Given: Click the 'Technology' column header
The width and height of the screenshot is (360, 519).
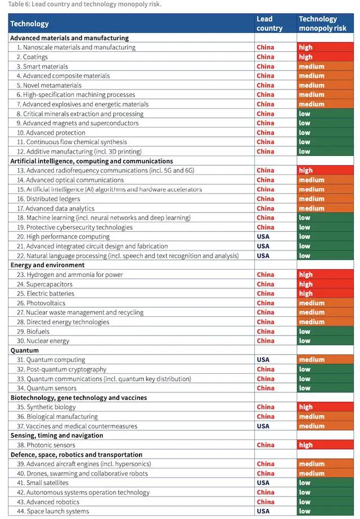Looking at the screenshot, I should coord(29,24).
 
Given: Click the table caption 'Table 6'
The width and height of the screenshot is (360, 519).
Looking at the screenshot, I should coord(84,5).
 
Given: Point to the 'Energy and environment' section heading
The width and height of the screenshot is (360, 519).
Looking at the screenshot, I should coord(47,265).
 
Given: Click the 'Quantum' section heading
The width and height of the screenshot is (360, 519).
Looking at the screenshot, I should coord(25,350).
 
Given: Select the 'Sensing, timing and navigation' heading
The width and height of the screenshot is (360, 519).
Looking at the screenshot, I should coord(57,435).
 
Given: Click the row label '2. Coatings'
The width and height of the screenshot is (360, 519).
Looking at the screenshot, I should coord(32,57).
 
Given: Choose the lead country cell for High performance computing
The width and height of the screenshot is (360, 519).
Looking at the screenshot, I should coord(263,237).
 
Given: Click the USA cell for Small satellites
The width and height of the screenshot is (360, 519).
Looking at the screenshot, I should coord(263,483).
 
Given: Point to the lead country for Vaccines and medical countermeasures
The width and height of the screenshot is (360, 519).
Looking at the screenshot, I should coord(263,426).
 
